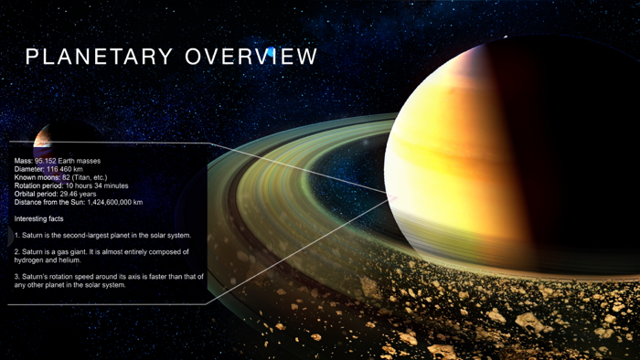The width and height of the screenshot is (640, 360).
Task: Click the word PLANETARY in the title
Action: tap(100, 57)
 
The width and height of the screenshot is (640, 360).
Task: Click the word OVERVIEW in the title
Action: tap(251, 57)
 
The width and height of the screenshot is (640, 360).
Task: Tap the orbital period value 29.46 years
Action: tap(79, 194)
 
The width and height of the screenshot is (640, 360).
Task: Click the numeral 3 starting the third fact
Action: tap(16, 276)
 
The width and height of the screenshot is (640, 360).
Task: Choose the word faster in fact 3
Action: tap(166, 276)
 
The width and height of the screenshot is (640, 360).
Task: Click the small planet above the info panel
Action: tap(42, 139)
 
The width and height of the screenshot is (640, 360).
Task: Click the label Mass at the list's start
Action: tap(24, 161)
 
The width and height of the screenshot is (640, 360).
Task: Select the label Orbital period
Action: tap(36, 194)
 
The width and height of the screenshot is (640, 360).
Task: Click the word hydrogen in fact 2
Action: tap(31, 259)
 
